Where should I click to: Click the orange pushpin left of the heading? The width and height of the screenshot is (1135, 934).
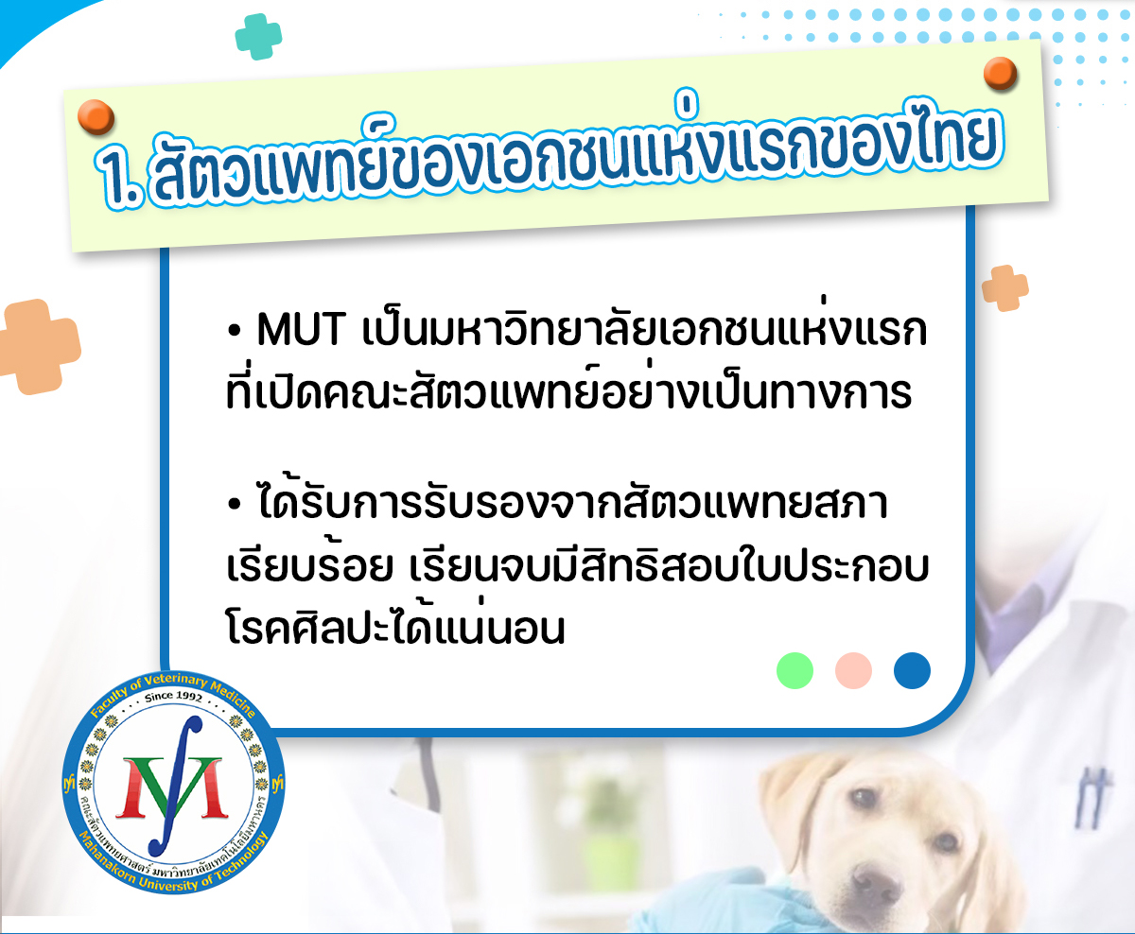pyautogui.click(x=96, y=117)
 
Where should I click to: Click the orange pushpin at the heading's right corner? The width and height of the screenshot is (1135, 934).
pyautogui.click(x=1000, y=73)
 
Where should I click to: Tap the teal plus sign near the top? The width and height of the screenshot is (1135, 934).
pyautogui.click(x=258, y=37)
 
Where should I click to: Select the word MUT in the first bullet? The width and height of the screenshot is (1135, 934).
pyautogui.click(x=300, y=329)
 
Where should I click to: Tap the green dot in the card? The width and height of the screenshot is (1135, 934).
pyautogui.click(x=794, y=670)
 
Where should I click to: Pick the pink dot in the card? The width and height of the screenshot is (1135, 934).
pyautogui.click(x=853, y=670)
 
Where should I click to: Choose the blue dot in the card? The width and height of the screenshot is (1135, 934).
pyautogui.click(x=912, y=670)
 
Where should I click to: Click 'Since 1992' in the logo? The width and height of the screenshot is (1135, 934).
pyautogui.click(x=173, y=698)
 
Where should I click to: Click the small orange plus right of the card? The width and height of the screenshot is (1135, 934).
pyautogui.click(x=1004, y=287)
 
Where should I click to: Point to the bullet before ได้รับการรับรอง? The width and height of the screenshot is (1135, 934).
pyautogui.click(x=234, y=506)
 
